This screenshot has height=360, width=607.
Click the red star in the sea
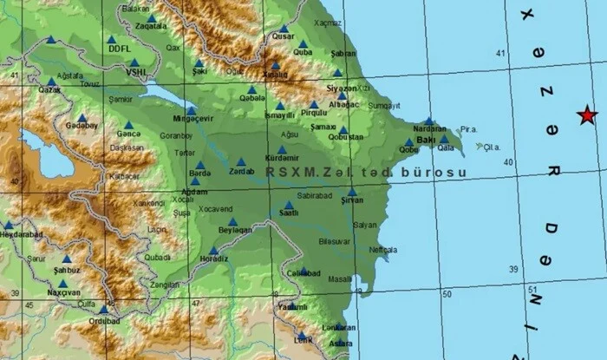click(x=588, y=115)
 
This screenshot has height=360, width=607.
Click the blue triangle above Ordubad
click(x=104, y=310)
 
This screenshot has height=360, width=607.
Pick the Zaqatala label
click(x=151, y=27)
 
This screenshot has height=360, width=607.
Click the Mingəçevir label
click(x=193, y=121)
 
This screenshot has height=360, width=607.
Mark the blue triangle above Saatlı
click(x=289, y=206)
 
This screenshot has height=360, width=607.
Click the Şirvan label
click(x=351, y=200)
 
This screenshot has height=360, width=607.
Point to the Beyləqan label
click(x=234, y=232)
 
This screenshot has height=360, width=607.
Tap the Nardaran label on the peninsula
click(x=430, y=129)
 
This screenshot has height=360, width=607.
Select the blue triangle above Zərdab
click(x=242, y=161)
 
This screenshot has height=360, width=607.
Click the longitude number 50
click(x=447, y=295)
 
